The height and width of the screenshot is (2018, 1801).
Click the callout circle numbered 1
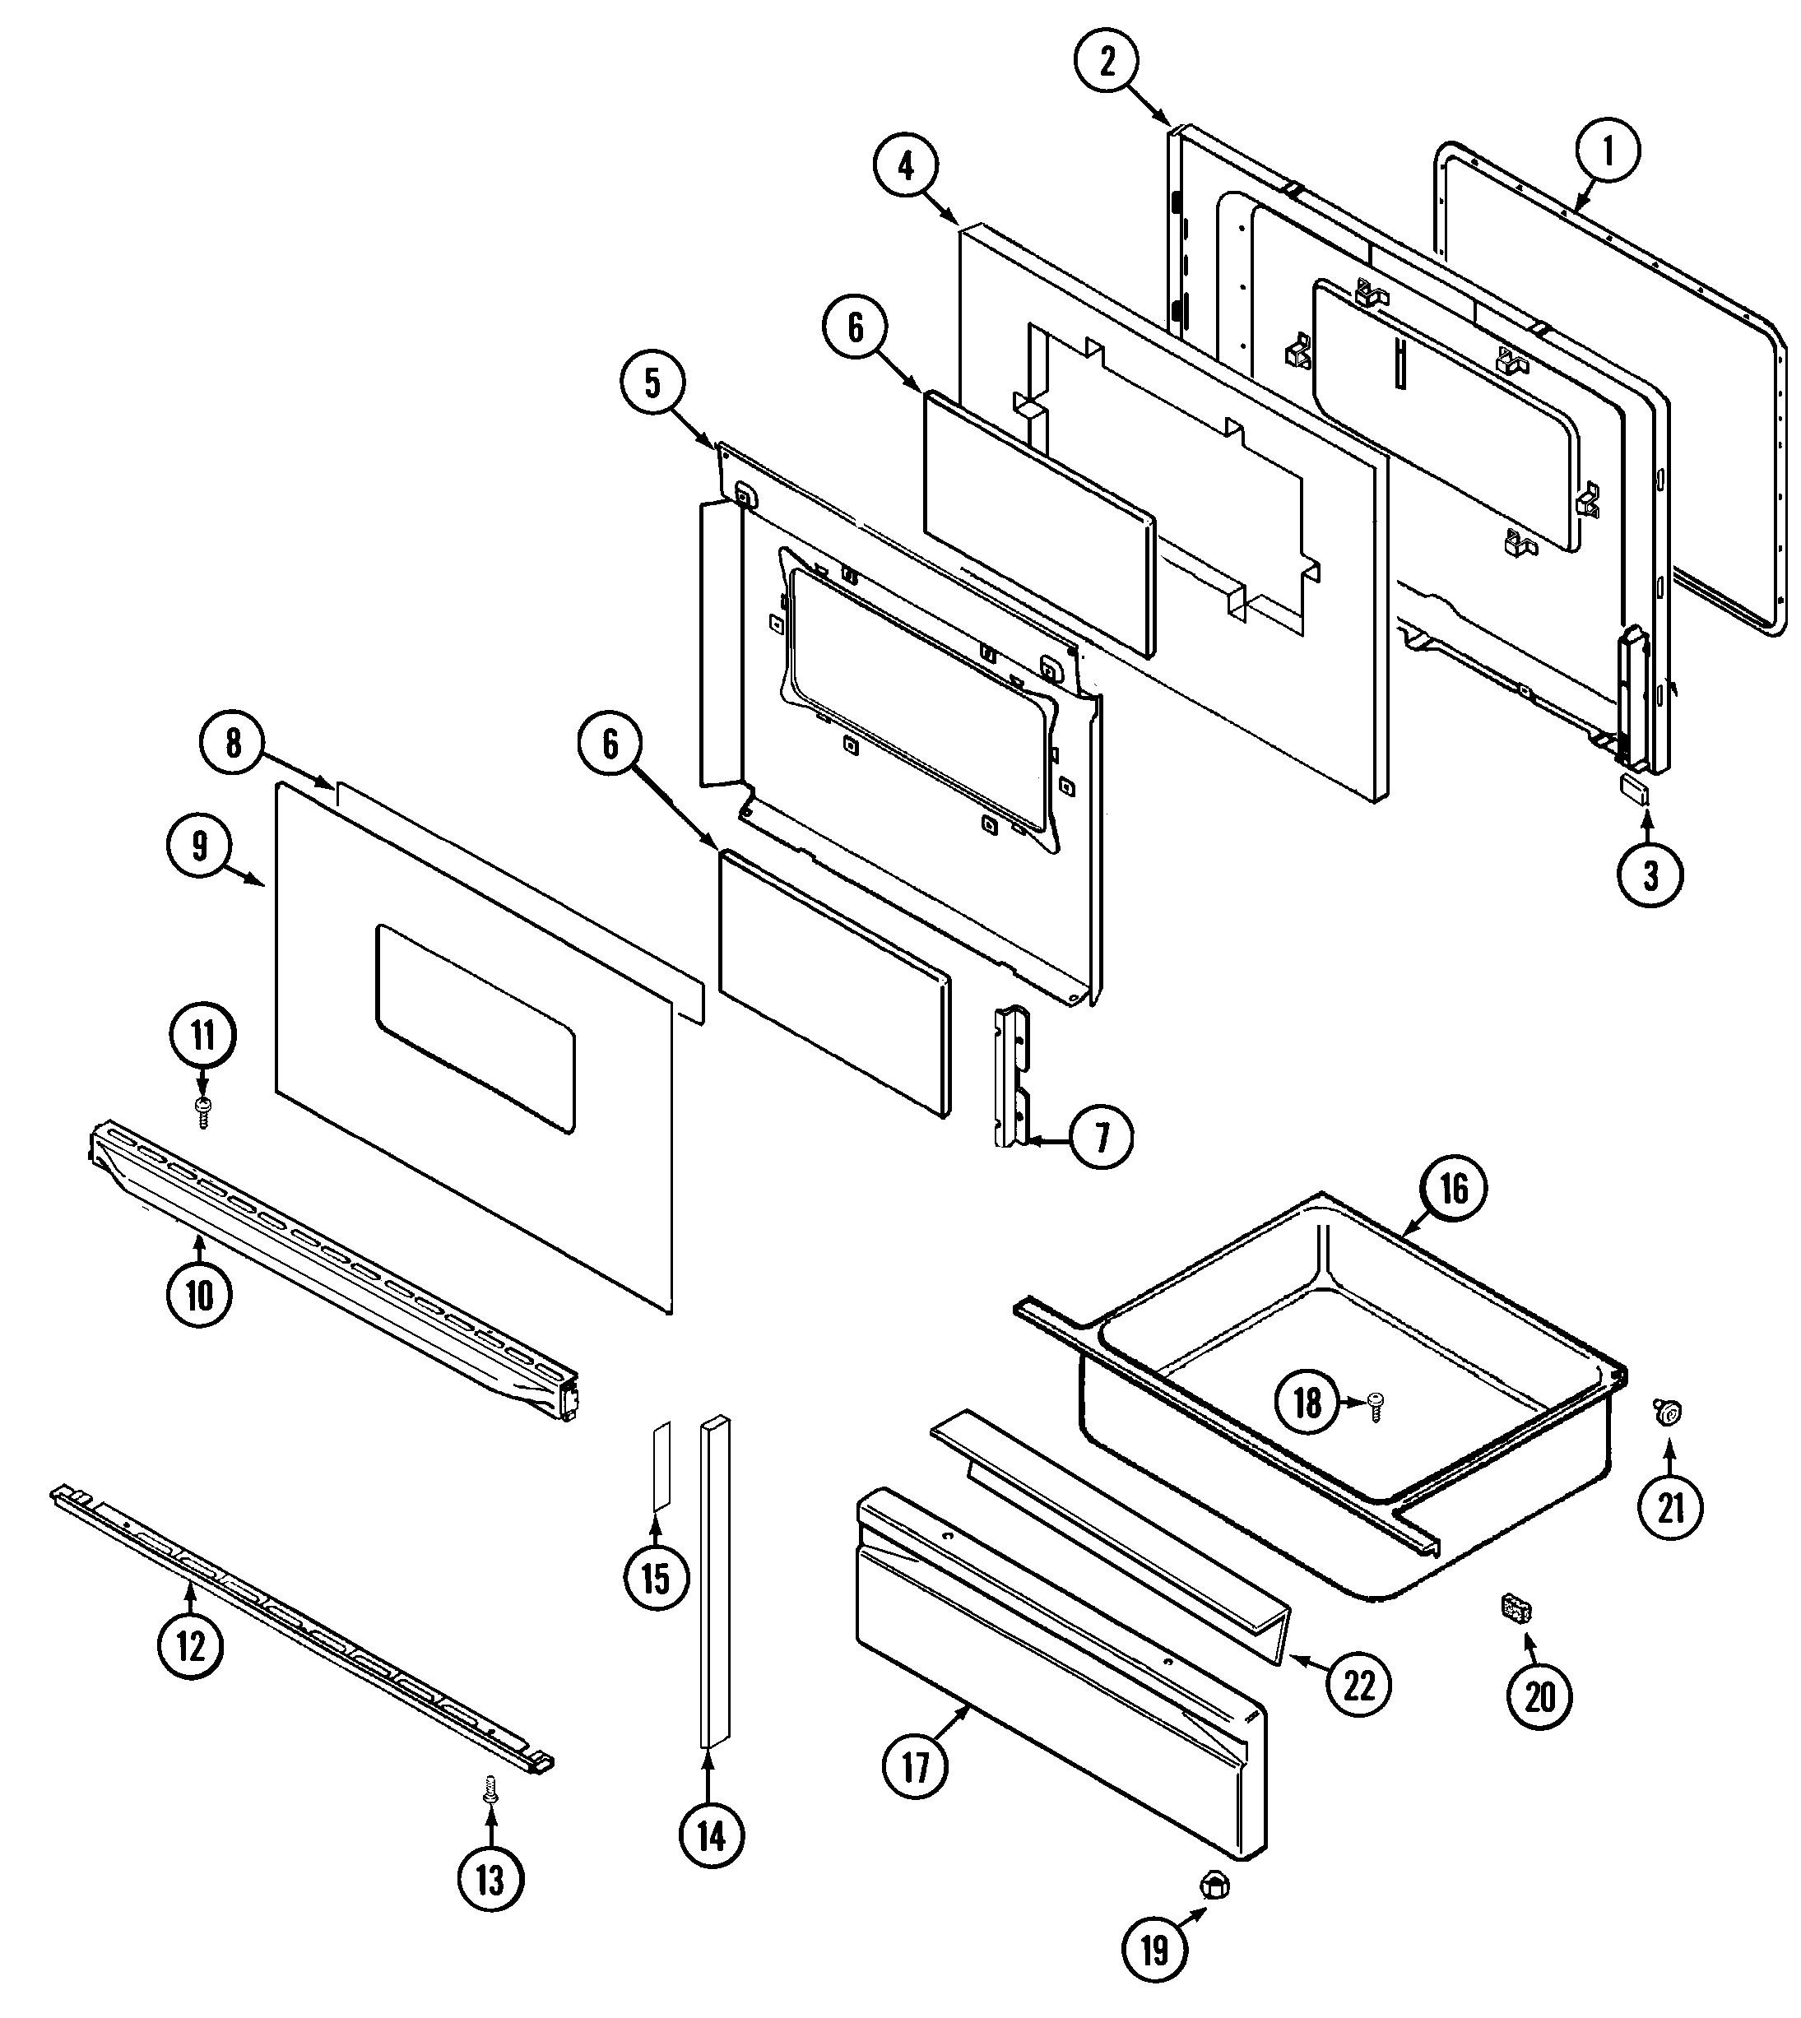[x=1607, y=152]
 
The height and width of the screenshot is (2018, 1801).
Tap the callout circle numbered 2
[x=1107, y=62]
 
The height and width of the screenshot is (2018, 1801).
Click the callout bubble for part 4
[x=907, y=166]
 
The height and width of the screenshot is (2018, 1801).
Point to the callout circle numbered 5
[x=652, y=385]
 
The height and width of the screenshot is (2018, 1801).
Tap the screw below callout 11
[x=203, y=1111]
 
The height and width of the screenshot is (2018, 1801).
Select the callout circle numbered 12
[x=190, y=1647]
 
